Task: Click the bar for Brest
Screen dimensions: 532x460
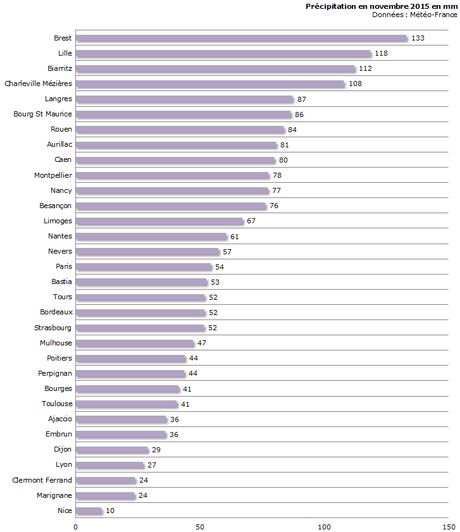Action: click(241, 38)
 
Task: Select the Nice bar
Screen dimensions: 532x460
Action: click(89, 510)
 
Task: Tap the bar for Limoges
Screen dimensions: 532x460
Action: click(159, 221)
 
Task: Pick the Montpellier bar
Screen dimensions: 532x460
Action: click(173, 175)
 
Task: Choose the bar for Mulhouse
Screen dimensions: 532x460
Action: click(135, 343)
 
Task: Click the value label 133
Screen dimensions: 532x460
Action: click(418, 38)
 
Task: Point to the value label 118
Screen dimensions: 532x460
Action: click(381, 53)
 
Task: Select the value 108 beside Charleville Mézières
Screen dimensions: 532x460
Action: click(355, 84)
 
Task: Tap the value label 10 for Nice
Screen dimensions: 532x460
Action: click(110, 510)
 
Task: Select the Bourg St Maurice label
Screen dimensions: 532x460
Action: click(43, 114)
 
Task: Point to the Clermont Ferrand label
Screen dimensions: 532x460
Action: click(42, 480)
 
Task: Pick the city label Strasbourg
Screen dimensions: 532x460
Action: click(53, 328)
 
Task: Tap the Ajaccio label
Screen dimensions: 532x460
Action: click(60, 419)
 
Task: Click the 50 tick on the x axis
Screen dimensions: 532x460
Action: click(200, 526)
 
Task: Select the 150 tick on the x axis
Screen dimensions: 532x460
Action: click(449, 526)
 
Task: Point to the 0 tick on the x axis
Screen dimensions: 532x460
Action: click(76, 526)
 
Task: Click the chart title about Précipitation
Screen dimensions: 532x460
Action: click(382, 6)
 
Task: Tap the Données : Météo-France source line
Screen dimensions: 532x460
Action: click(414, 15)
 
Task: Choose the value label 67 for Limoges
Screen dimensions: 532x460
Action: click(251, 221)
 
